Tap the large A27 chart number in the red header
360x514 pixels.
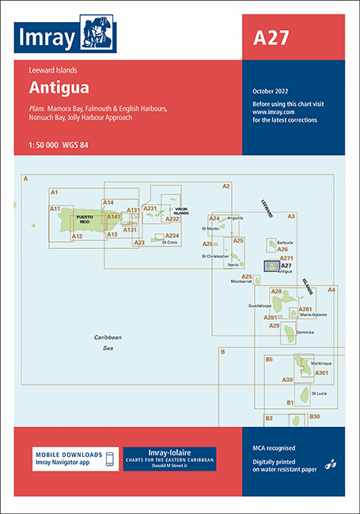tap(271, 37)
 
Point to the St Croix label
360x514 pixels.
tap(169, 242)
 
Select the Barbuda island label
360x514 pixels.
tap(285, 241)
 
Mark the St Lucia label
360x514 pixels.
tap(319, 393)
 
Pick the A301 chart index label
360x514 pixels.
tap(321, 372)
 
